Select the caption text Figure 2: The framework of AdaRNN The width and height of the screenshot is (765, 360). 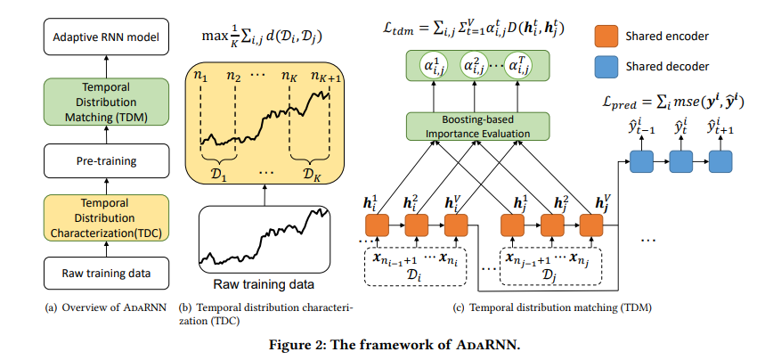[x=382, y=344]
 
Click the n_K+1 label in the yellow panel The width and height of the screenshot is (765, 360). [x=330, y=78]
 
